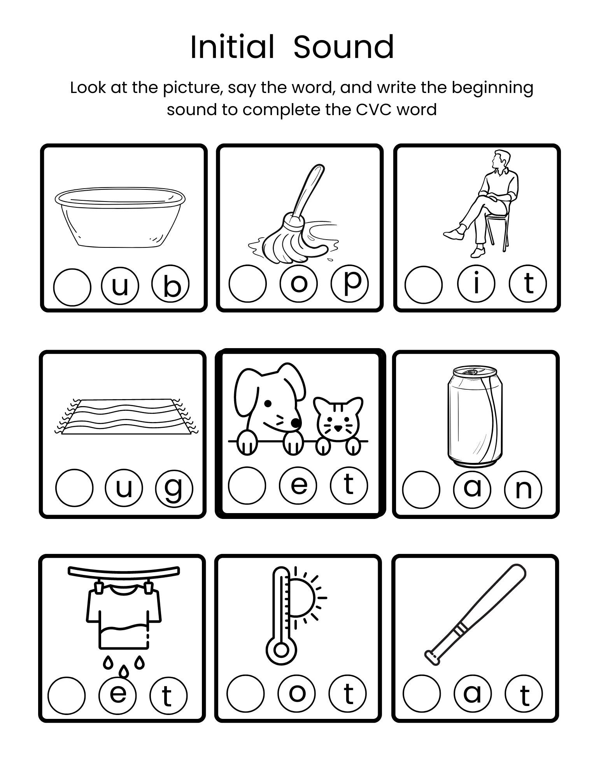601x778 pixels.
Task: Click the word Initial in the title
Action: [x=232, y=47]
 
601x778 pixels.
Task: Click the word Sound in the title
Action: [x=343, y=47]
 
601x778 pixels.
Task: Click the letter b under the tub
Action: [x=171, y=285]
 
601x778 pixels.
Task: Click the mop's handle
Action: [x=310, y=191]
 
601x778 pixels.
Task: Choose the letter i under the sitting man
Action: [x=476, y=284]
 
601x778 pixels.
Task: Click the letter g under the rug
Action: [x=174, y=488]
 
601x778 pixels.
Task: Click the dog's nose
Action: [x=296, y=422]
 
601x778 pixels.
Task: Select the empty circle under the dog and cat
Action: [x=247, y=485]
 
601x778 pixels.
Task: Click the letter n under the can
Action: [x=523, y=489]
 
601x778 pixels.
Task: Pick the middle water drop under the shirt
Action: [x=123, y=670]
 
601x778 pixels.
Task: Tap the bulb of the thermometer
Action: [x=281, y=650]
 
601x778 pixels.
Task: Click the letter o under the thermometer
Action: [x=297, y=693]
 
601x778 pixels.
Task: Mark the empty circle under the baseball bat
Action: [x=422, y=693]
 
